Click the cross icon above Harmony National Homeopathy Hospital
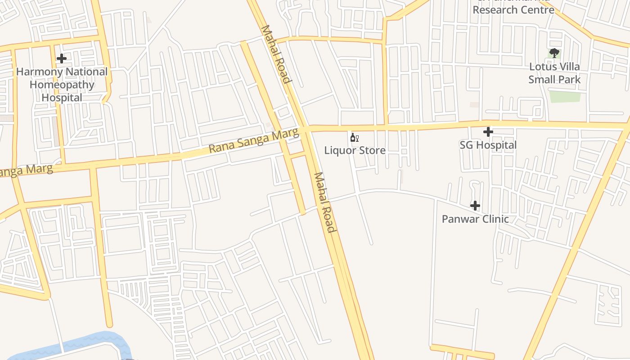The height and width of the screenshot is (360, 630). point(62,58)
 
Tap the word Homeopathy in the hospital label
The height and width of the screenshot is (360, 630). point(62,85)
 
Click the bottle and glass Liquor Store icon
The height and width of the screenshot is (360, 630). point(355,137)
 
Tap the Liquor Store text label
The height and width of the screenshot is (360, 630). point(355,150)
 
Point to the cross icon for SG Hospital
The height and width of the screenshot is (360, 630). point(488,132)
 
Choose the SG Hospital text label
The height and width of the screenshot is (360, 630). point(488,145)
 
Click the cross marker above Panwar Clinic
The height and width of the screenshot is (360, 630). point(475,206)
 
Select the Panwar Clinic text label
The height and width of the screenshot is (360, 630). point(475,219)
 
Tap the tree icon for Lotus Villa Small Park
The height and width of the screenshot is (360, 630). point(554,54)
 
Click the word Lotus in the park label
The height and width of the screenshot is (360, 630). point(542,67)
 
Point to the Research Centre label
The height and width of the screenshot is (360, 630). point(513,9)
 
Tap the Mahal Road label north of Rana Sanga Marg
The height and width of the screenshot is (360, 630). point(275,54)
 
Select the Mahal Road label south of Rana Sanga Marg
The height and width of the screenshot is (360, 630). point(325,202)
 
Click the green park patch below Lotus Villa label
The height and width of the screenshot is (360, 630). point(565,96)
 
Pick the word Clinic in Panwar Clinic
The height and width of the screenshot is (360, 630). point(494,219)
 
